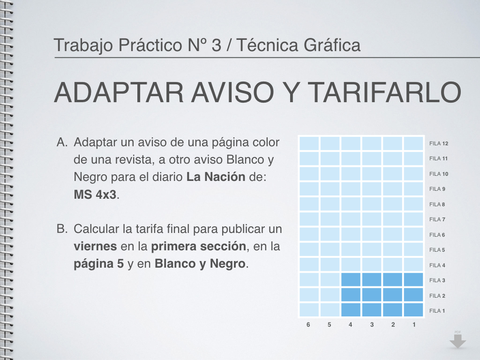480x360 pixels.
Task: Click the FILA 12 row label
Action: [x=439, y=143]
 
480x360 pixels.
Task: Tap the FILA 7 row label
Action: [x=437, y=219]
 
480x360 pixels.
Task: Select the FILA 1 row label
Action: [x=437, y=311]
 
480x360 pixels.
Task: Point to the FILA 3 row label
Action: [x=437, y=280]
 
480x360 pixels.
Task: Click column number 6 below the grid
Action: [x=308, y=324]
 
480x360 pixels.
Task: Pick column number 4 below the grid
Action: [x=351, y=324]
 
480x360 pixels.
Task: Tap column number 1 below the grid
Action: [x=414, y=324]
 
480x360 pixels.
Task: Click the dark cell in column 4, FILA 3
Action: [x=351, y=280]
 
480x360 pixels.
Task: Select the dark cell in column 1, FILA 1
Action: [x=413, y=310]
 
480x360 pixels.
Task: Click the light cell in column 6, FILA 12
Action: [x=309, y=143]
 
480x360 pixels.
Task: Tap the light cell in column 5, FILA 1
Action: [x=330, y=310]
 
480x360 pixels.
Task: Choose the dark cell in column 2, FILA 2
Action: [x=392, y=295]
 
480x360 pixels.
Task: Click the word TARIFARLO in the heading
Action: [x=384, y=92]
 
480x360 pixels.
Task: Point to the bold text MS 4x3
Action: [x=95, y=195]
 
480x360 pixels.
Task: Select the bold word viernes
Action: [x=95, y=247]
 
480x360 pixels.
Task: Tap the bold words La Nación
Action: [x=216, y=177]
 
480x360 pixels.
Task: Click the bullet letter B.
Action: [x=62, y=229]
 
